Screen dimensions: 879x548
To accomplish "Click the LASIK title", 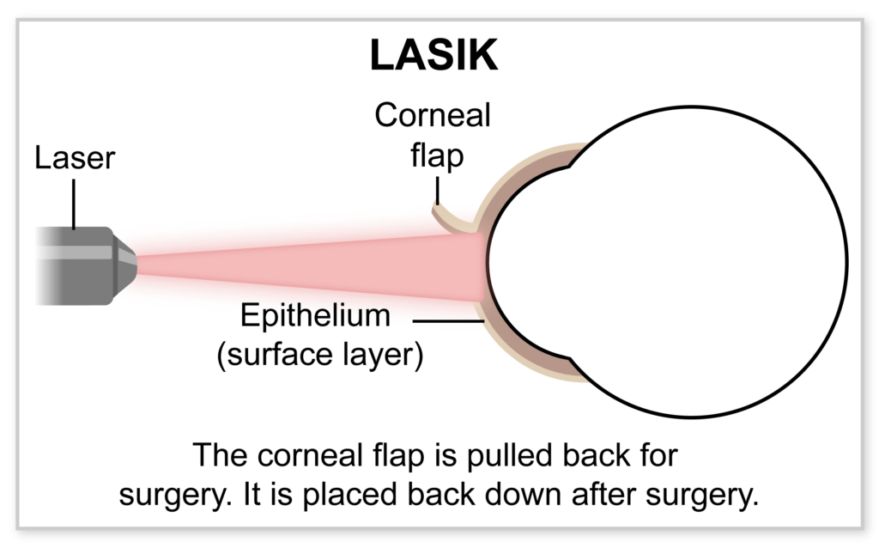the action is [433, 55].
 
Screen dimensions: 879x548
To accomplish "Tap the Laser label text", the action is [75, 157].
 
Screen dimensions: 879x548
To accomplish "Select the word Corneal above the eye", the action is [433, 115].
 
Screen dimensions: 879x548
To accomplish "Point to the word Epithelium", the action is [315, 315].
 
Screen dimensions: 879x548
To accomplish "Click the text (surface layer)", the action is [320, 355].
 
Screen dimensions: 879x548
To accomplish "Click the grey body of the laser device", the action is [76, 266].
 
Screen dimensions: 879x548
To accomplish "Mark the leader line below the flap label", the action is [437, 190].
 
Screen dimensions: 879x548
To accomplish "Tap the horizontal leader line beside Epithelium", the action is [448, 321].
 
